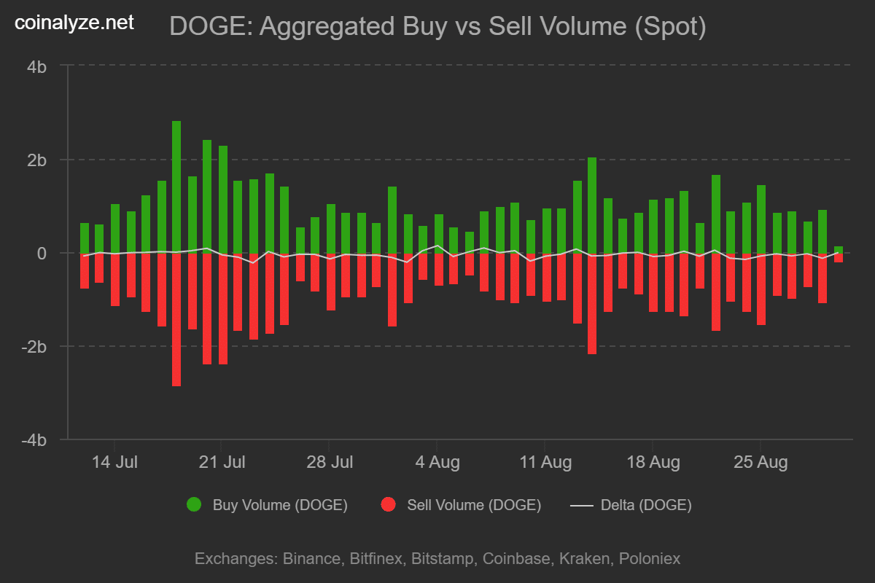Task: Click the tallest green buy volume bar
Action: click(x=176, y=187)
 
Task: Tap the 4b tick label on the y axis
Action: click(x=37, y=66)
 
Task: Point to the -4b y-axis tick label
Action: click(x=34, y=440)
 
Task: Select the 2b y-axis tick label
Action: click(x=37, y=160)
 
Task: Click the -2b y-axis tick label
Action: click(x=34, y=347)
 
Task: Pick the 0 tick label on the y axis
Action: click(x=42, y=254)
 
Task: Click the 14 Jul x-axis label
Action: click(x=114, y=462)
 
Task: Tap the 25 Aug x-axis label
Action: click(x=760, y=462)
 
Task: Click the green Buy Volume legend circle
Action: click(x=194, y=505)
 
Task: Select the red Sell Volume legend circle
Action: click(x=389, y=505)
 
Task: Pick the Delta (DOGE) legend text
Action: click(x=646, y=505)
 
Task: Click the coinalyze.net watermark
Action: click(x=74, y=23)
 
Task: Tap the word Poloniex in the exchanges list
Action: click(x=650, y=559)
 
